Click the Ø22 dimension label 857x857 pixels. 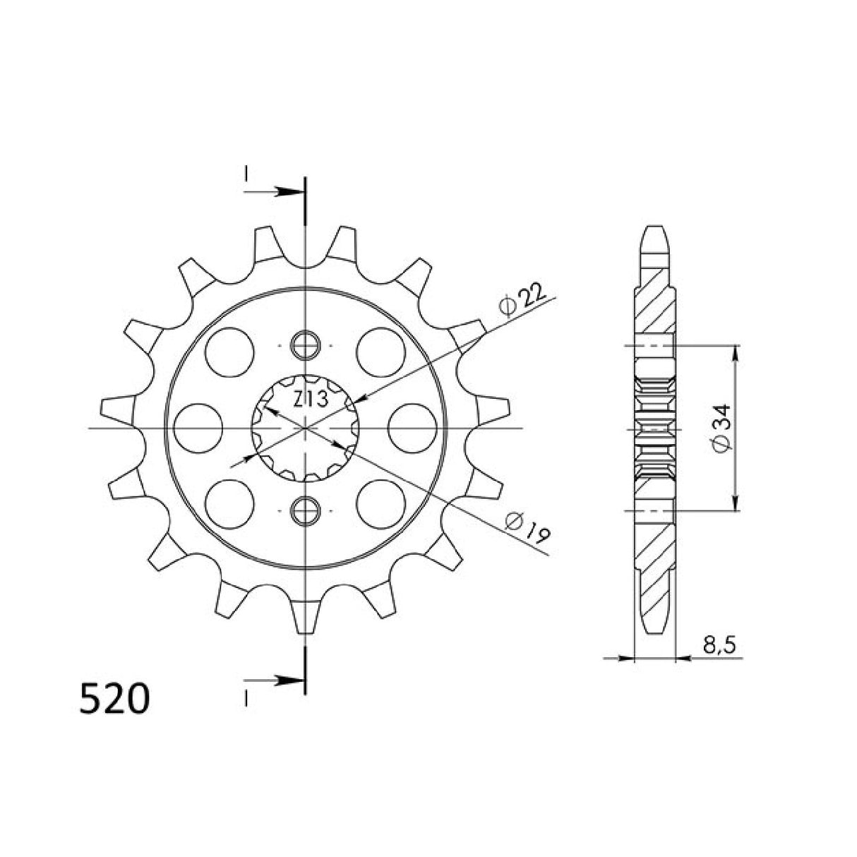click(522, 299)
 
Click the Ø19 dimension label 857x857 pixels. click(529, 525)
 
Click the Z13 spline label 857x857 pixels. click(309, 400)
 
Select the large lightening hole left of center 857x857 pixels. click(198, 428)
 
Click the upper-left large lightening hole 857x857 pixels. click(230, 352)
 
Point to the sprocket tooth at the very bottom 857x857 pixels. click(305, 618)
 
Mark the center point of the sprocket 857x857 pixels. click(305, 428)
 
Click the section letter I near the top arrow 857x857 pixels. click(246, 173)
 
